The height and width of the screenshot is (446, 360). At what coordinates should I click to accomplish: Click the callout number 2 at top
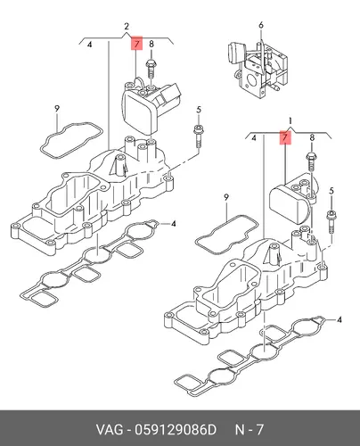pyautogui.click(x=127, y=27)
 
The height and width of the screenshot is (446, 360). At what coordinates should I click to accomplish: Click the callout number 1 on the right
pyautogui.click(x=290, y=120)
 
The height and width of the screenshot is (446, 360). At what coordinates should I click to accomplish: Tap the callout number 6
pyautogui.click(x=261, y=25)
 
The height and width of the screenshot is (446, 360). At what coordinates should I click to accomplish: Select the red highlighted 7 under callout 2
pyautogui.click(x=136, y=44)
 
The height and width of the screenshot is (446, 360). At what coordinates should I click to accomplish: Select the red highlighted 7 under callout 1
pyautogui.click(x=285, y=137)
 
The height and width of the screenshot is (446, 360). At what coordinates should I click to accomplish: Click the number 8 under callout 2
pyautogui.click(x=151, y=44)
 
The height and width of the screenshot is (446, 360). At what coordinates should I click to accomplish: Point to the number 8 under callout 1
pyautogui.click(x=312, y=137)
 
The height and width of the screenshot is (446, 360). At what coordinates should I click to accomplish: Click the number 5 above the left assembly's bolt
pyautogui.click(x=199, y=110)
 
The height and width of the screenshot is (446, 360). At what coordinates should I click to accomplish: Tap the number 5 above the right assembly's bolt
pyautogui.click(x=331, y=191)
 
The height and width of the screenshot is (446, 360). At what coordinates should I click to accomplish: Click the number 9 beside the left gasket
pyautogui.click(x=57, y=109)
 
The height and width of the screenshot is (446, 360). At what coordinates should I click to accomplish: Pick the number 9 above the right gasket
pyautogui.click(x=226, y=197)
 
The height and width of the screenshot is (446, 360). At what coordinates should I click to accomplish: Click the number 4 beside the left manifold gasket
pyautogui.click(x=174, y=223)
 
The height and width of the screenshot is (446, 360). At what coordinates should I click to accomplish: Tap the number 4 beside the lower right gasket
pyautogui.click(x=340, y=320)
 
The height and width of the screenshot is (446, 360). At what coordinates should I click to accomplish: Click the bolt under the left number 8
pyautogui.click(x=151, y=69)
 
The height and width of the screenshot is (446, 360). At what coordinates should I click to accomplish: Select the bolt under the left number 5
pyautogui.click(x=199, y=136)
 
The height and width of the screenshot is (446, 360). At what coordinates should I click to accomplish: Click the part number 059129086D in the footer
pyautogui.click(x=176, y=430)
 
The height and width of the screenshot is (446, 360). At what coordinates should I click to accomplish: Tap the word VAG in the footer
pyautogui.click(x=109, y=430)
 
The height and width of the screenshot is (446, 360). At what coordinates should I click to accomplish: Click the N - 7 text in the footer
pyautogui.click(x=250, y=430)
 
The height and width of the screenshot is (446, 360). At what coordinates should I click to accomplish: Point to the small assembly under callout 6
pyautogui.click(x=258, y=69)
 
